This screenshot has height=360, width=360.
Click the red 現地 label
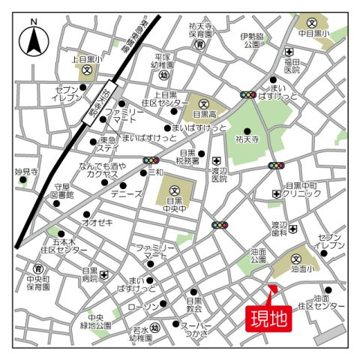coord(268,319)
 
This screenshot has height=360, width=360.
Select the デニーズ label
coord(127,193)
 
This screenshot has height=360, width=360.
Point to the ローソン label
coord(142,307)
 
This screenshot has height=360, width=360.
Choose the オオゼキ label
coord(97,222)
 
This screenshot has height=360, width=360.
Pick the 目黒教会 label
coord(195,304)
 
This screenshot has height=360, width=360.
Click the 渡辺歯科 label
coord(280,229)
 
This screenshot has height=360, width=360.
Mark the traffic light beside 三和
coord(151,160)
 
